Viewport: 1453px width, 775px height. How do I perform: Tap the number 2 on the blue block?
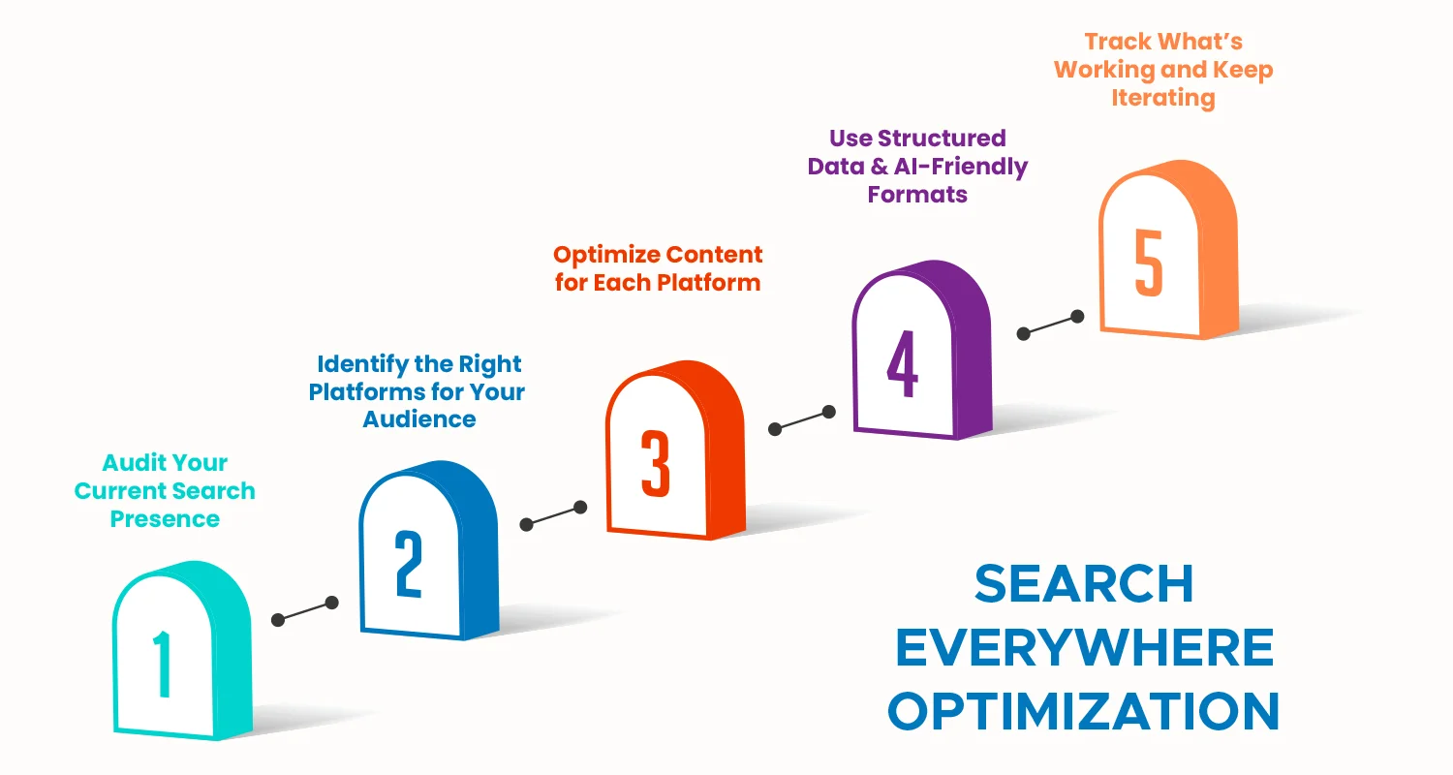tap(409, 566)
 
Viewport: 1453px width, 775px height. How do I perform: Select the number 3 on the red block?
tap(656, 465)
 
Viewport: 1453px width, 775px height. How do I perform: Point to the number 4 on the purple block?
tap(902, 365)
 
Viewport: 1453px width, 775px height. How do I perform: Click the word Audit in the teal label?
tap(130, 462)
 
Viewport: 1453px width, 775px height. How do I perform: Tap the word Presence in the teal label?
tap(165, 519)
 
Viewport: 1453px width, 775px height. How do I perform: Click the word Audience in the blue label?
tap(419, 419)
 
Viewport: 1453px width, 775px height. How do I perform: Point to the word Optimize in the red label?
tap(599, 255)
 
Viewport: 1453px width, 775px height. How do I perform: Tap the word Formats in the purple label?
tap(917, 195)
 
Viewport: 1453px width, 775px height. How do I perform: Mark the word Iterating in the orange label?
tap(1163, 98)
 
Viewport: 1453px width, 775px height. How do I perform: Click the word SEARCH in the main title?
tap(1084, 584)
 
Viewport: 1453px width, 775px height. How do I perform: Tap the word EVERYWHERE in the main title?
tap(1084, 648)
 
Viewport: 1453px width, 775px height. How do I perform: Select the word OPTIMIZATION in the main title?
tap(1084, 712)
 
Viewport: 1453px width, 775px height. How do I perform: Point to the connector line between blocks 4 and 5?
tap(1050, 325)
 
